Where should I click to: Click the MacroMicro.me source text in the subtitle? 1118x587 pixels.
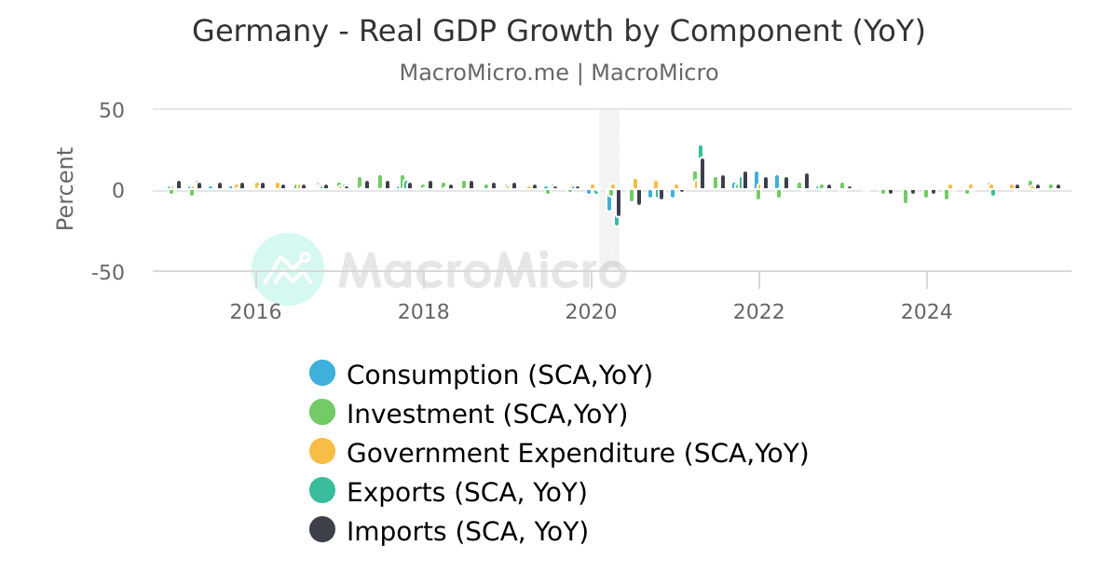(484, 73)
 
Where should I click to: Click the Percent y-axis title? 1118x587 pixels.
(64, 188)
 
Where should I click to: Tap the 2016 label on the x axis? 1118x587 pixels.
(255, 311)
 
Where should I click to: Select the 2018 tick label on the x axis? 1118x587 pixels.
(423, 311)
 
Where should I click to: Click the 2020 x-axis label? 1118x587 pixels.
(591, 311)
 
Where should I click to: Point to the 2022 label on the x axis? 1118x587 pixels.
(758, 311)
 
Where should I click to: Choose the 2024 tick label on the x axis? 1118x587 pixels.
(926, 311)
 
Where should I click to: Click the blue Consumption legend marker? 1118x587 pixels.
(322, 374)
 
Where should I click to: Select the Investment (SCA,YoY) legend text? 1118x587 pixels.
(486, 414)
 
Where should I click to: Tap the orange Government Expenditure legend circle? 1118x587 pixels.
(322, 453)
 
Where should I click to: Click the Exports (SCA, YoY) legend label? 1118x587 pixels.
(467, 492)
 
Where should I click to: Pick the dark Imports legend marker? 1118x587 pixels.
(322, 530)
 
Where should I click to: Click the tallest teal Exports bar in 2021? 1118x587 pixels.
(701, 151)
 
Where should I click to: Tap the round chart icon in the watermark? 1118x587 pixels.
(288, 269)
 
